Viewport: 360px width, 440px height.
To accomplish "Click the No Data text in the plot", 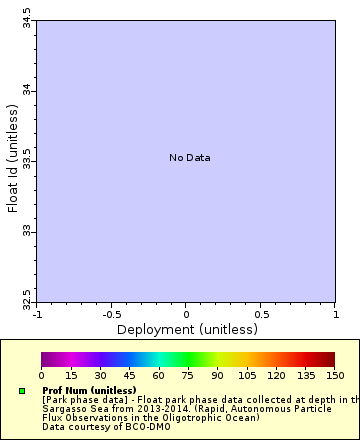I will tap(189, 158).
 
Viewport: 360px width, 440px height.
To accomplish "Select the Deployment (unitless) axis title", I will tap(187, 329).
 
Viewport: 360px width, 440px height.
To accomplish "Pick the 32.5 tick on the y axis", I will tap(26, 300).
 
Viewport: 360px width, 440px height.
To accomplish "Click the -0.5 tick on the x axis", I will tap(112, 314).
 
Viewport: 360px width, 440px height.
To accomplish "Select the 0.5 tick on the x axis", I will tap(260, 314).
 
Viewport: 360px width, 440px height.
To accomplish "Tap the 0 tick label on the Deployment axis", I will tap(186, 314).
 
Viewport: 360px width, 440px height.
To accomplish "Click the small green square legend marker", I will tap(22, 390).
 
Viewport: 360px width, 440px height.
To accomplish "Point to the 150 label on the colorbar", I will tap(334, 375).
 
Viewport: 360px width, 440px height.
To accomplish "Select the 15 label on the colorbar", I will tap(71, 375).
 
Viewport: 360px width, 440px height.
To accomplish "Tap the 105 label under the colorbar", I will tap(247, 375).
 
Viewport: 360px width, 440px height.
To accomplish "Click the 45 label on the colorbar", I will tap(129, 375).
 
